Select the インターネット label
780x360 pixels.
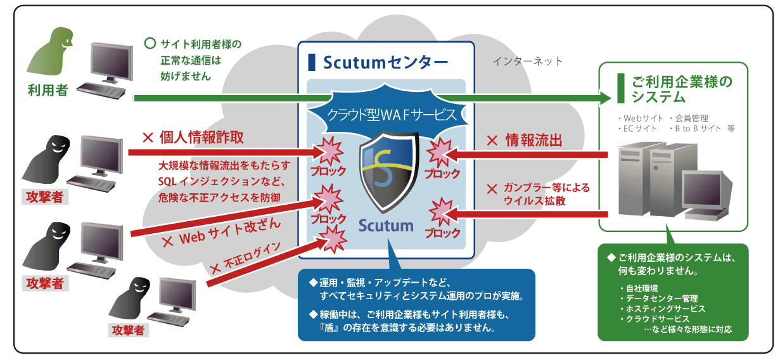pos(527,61)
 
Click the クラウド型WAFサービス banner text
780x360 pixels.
pos(392,115)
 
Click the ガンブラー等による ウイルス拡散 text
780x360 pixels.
pos(538,194)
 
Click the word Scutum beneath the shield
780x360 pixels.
pos(385,225)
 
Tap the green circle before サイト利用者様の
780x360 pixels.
pos(150,44)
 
